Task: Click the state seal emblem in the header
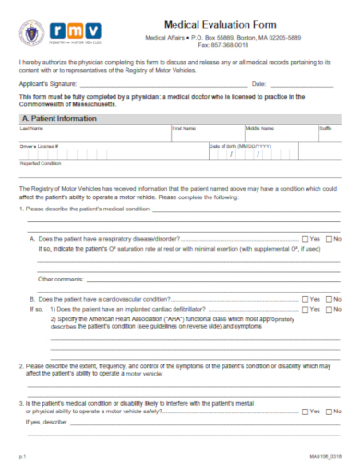(31, 36)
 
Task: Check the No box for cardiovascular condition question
(329, 299)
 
